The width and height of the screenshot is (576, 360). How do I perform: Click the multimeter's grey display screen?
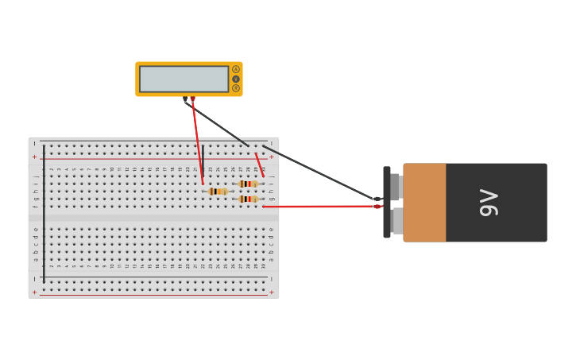tap(184, 79)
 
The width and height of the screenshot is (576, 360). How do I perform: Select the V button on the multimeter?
tap(236, 79)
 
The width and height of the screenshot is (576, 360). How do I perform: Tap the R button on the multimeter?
tap(236, 88)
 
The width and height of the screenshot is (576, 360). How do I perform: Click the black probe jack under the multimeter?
tap(185, 99)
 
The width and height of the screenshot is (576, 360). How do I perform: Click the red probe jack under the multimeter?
tap(192, 99)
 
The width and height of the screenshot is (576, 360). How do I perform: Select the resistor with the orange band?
tap(218, 192)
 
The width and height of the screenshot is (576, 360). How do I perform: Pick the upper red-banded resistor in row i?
tap(248, 184)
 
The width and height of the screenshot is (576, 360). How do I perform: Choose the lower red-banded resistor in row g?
tap(248, 199)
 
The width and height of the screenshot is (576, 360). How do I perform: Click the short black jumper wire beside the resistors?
tap(203, 159)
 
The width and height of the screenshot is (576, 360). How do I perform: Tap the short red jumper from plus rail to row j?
tap(260, 165)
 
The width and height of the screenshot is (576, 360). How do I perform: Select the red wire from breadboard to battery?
tap(318, 207)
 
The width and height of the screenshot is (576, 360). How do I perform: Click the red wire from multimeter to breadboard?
tap(197, 139)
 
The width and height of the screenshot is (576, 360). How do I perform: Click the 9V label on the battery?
tap(489, 203)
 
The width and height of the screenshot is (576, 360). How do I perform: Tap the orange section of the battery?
tap(424, 203)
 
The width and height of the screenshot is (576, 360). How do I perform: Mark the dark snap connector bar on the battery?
tap(387, 203)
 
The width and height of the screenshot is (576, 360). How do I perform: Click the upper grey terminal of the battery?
tap(396, 187)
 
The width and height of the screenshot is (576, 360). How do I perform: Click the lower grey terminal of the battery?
tap(396, 220)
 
